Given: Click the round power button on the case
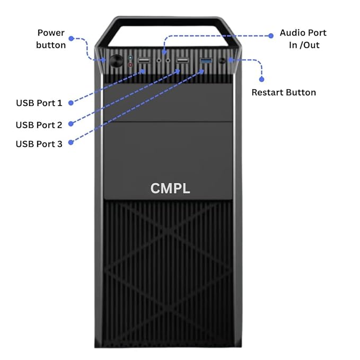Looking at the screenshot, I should (x=115, y=60).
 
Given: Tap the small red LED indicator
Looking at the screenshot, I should (x=130, y=65).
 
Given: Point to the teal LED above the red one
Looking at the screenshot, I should (x=130, y=57).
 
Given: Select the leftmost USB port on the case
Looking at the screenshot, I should (x=144, y=62).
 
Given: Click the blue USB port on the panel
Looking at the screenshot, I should (x=206, y=62).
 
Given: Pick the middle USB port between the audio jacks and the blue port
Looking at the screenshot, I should (x=182, y=62).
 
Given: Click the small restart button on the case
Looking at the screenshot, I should (x=231, y=60).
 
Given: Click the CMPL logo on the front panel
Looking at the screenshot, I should (x=170, y=188).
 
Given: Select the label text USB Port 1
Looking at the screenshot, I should (x=39, y=103).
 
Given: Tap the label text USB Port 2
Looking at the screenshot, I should (x=39, y=125).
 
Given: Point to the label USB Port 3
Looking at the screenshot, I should (x=39, y=144).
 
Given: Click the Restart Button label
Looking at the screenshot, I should (x=284, y=92).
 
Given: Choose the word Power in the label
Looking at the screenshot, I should (x=51, y=33).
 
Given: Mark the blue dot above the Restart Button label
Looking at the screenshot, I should (x=261, y=79).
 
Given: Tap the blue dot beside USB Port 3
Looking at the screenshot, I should (x=71, y=143).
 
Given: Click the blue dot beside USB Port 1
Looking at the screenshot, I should (x=71, y=102).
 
